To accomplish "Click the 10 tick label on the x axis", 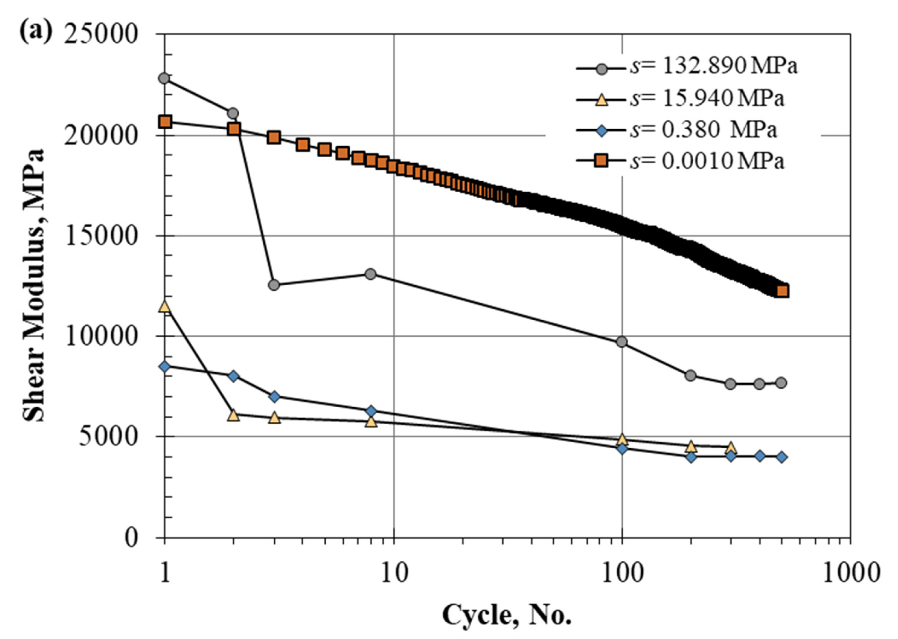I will point(394,573).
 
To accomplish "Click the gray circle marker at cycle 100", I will point(622,341).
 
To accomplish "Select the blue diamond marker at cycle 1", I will point(165,366).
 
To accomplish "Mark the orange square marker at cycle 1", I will point(166,122).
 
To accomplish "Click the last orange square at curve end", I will point(782,291).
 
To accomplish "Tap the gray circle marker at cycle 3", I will point(274,285).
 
